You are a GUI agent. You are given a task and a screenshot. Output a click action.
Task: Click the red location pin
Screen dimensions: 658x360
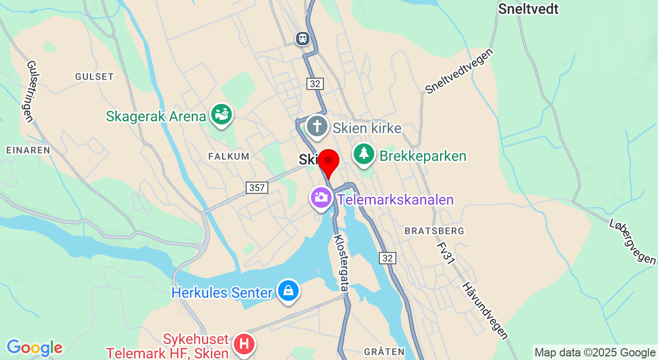point(328,161)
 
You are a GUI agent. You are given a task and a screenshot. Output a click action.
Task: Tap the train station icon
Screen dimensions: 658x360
point(303,38)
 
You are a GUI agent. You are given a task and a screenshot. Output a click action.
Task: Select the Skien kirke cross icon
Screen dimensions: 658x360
point(317,126)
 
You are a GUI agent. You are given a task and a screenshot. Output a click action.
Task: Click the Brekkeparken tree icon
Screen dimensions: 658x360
point(364,153)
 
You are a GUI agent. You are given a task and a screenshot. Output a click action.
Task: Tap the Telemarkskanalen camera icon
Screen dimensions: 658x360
point(321,197)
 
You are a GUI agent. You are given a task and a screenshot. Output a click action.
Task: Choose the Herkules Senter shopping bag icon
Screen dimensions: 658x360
point(288,291)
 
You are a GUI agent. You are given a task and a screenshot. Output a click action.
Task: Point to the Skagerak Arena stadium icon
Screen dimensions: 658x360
point(222,114)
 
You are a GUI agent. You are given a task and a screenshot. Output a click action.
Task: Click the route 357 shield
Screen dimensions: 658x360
point(257,188)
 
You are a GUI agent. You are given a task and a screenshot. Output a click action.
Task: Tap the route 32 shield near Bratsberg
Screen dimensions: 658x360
point(388,258)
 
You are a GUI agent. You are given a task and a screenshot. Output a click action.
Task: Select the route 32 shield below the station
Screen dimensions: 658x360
point(315,84)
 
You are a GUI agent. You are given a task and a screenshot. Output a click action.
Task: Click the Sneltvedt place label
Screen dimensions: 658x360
point(528,9)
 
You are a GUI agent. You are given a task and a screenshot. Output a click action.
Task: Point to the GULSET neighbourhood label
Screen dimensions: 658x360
point(94,77)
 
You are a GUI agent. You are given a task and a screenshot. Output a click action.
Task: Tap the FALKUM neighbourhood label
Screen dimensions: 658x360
point(229,156)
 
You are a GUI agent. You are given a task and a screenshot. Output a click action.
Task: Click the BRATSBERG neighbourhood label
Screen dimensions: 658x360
point(434,231)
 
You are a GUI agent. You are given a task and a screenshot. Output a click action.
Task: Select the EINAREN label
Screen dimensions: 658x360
point(28,150)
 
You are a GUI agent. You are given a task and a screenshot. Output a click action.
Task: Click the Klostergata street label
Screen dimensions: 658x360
point(341,263)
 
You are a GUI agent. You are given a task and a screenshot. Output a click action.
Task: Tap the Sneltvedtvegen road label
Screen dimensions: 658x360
point(459,71)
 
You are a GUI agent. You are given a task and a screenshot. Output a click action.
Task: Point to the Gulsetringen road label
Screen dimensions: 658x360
point(30,92)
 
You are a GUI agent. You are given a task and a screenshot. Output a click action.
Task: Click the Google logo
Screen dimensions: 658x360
point(34,348)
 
